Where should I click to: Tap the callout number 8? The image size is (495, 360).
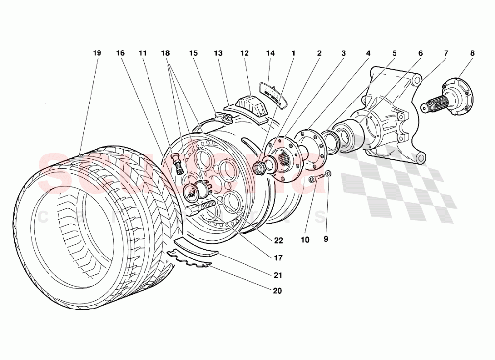472,52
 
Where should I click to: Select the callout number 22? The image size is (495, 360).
278,240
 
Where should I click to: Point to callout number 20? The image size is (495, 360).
277,291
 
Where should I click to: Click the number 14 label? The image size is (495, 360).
270,52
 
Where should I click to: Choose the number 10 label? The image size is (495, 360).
305,240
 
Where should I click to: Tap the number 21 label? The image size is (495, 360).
277,275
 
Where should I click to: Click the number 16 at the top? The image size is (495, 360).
121,52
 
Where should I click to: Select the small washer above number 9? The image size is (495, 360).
329,174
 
